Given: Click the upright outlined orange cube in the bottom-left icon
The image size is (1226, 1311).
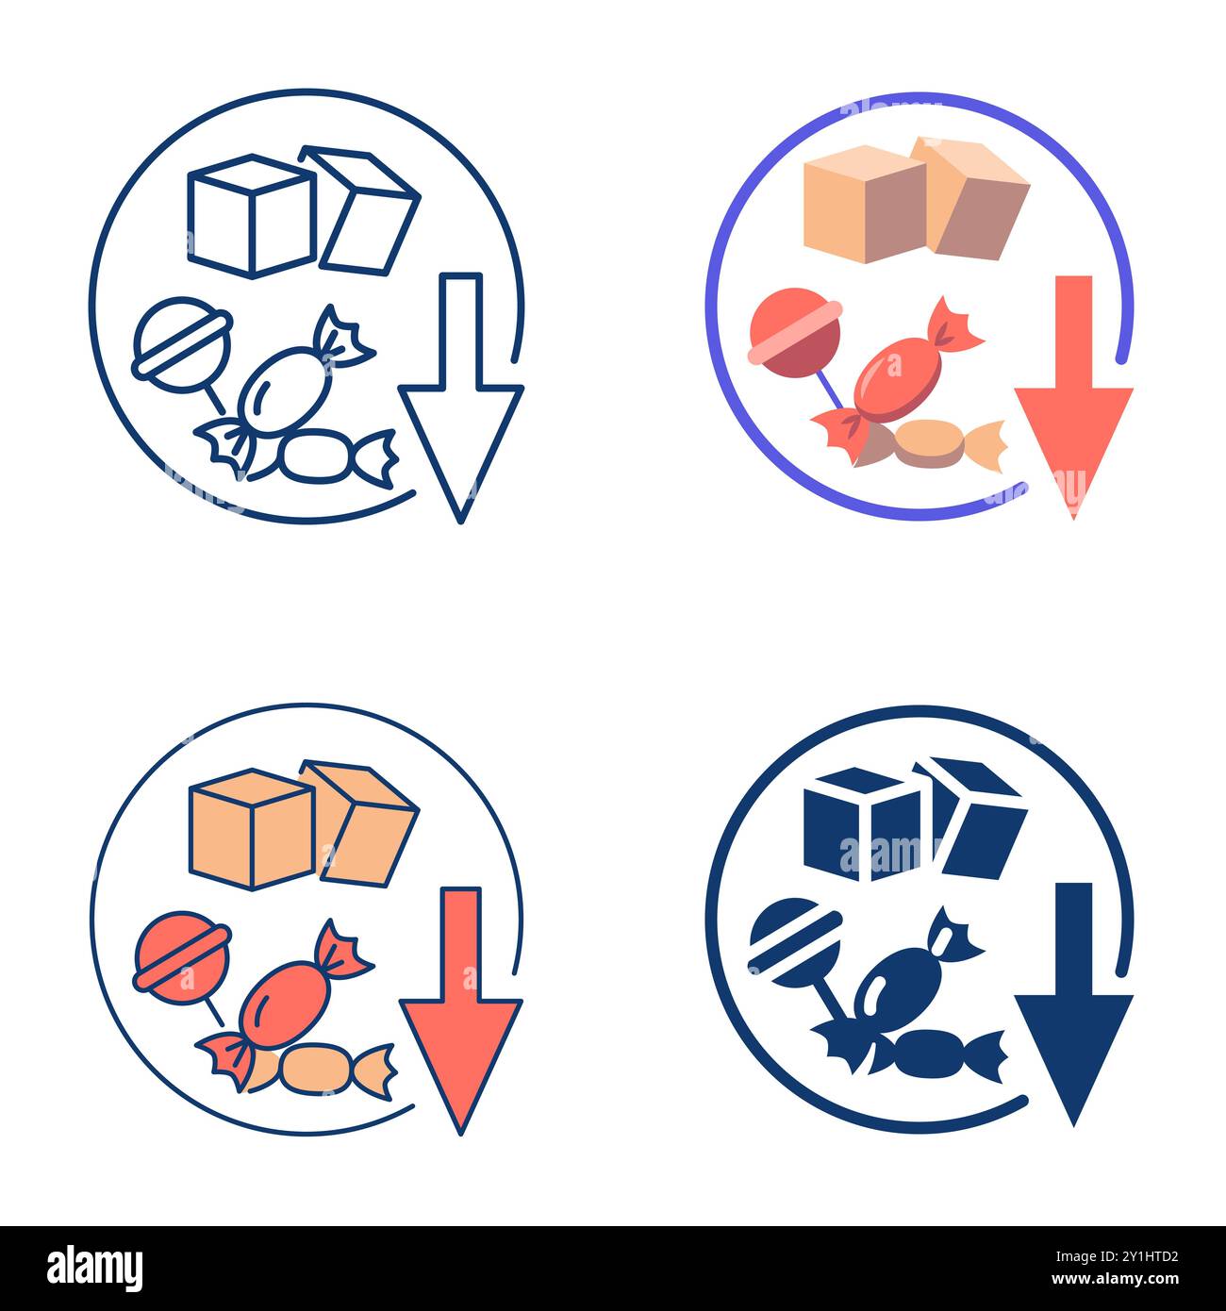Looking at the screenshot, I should pos(250,829).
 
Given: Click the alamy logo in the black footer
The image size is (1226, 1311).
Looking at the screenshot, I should pos(95,1269).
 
